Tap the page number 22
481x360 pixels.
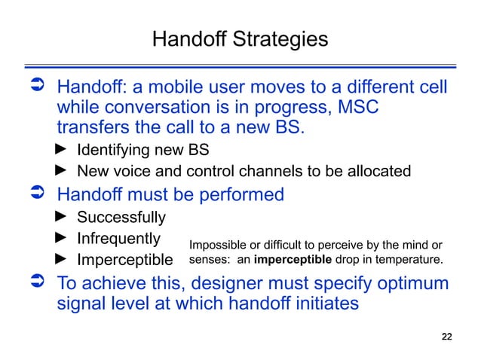446,336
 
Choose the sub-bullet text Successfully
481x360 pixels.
121,218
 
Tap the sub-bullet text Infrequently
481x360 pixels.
119,239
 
